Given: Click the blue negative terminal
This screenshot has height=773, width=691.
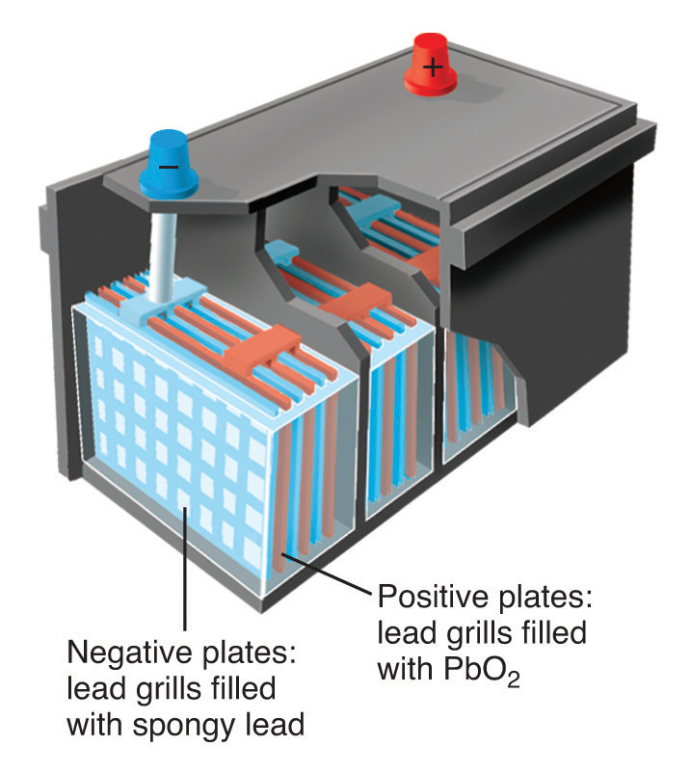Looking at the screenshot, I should tap(170, 165).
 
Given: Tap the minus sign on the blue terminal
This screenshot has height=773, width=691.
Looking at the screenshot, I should tap(168, 165).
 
